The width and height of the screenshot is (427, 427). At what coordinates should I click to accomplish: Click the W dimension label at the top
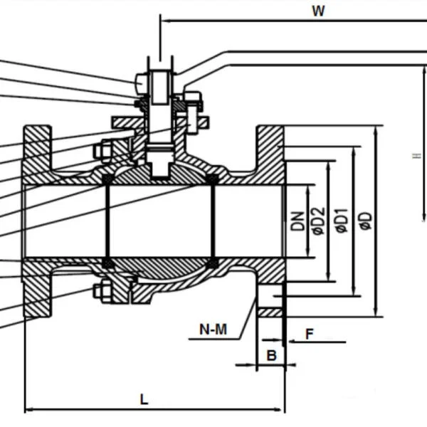coord(318,11)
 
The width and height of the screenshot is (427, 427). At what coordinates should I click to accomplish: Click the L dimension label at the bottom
coord(144,399)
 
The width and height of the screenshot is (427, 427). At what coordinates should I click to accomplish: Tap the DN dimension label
coord(298,221)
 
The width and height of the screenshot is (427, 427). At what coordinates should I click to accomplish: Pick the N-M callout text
coord(213,330)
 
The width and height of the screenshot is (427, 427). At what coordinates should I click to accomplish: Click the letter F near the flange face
coord(309,333)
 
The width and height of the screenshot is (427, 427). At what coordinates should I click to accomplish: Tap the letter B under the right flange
coord(270,354)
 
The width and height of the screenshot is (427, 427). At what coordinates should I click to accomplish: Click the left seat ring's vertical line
coord(107,221)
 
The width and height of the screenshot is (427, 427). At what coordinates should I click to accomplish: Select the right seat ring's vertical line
coord(212,221)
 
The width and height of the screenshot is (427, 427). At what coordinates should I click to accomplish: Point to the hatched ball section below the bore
coord(160,268)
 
